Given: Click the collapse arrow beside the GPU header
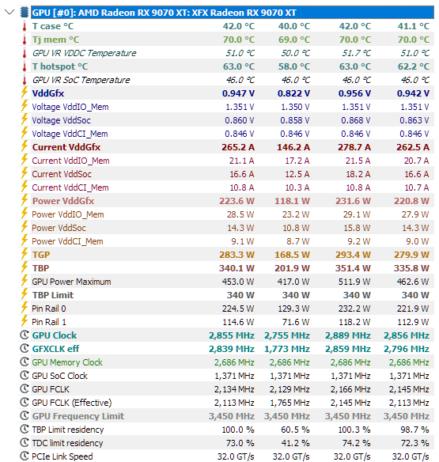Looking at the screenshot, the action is tap(9, 12).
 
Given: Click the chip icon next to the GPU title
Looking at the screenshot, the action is tap(25, 13).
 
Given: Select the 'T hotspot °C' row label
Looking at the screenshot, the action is tap(60, 66).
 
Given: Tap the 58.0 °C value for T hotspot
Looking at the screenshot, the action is tap(293, 66).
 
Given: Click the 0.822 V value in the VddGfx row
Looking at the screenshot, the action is tap(293, 93).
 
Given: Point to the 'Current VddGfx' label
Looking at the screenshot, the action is tap(66, 147).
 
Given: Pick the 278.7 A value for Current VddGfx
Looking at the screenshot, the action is tap(354, 147).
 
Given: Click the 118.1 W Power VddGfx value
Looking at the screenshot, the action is tap(292, 201).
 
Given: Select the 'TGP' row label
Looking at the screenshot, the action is tap(41, 255).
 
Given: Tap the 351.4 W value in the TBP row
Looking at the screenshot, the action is tap(353, 268).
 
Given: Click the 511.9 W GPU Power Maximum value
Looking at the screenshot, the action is tap(354, 282).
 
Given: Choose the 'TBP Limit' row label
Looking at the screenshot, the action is tap(53, 295).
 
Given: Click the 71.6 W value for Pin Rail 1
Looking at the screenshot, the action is tap(296, 322).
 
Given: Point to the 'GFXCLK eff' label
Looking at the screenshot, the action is tap(55, 349).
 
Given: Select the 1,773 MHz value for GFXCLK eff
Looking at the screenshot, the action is tap(286, 349).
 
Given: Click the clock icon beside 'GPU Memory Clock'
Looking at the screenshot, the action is tap(25, 362).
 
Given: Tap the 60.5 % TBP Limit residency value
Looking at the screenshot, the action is tap(295, 430).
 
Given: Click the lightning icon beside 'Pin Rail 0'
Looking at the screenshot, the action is tap(25, 308).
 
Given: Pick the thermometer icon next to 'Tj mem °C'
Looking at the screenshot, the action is tap(25, 40).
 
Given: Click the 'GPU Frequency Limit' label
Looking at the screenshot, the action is tap(78, 416).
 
